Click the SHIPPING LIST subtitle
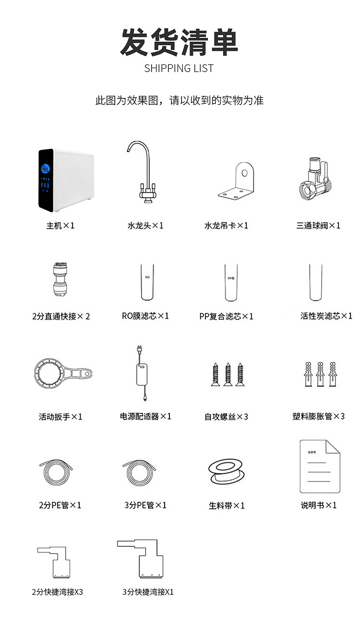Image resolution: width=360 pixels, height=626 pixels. point(179,68)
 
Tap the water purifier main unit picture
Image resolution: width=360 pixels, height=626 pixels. point(66,180)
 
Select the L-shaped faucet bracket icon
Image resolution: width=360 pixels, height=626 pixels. point(236,181)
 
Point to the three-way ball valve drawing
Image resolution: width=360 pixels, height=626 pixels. point(315,178)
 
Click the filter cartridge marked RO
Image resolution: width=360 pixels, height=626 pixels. point(147,282)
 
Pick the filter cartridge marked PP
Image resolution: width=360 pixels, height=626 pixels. point(231,283)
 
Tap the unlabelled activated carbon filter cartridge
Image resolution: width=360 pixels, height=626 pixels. point(315,283)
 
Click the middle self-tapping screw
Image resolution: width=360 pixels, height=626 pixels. point(228,374)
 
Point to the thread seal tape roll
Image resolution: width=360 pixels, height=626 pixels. point(227,471)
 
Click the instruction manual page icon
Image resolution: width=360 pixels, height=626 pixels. point(320,467)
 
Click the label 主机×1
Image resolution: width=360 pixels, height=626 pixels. point(60,226)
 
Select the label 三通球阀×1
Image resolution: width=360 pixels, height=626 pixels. point(318,226)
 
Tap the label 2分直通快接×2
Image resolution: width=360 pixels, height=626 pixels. point(61,316)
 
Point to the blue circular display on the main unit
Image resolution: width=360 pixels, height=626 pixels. point(46,169)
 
